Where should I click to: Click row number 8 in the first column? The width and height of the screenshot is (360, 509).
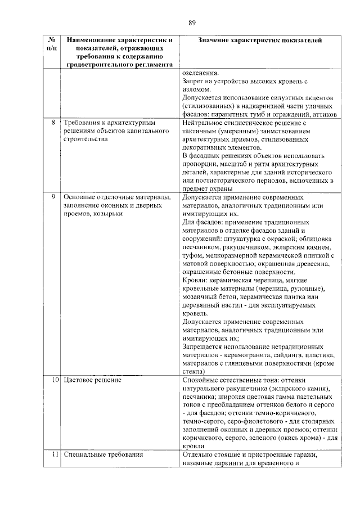(x=53, y=122)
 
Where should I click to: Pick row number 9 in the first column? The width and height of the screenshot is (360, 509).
(x=53, y=197)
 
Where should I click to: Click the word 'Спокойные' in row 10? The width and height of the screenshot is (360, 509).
(x=201, y=381)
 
